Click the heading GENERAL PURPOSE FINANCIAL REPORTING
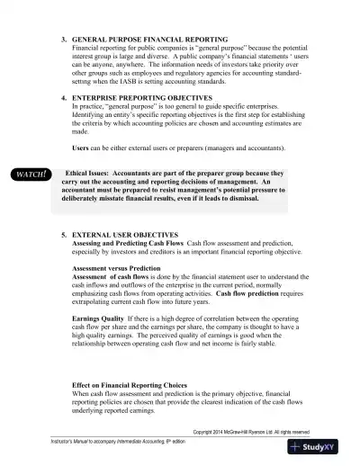[149, 42]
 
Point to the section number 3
[63, 42]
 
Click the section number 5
[63, 234]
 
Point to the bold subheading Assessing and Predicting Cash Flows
[128, 243]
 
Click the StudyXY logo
[321, 445]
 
